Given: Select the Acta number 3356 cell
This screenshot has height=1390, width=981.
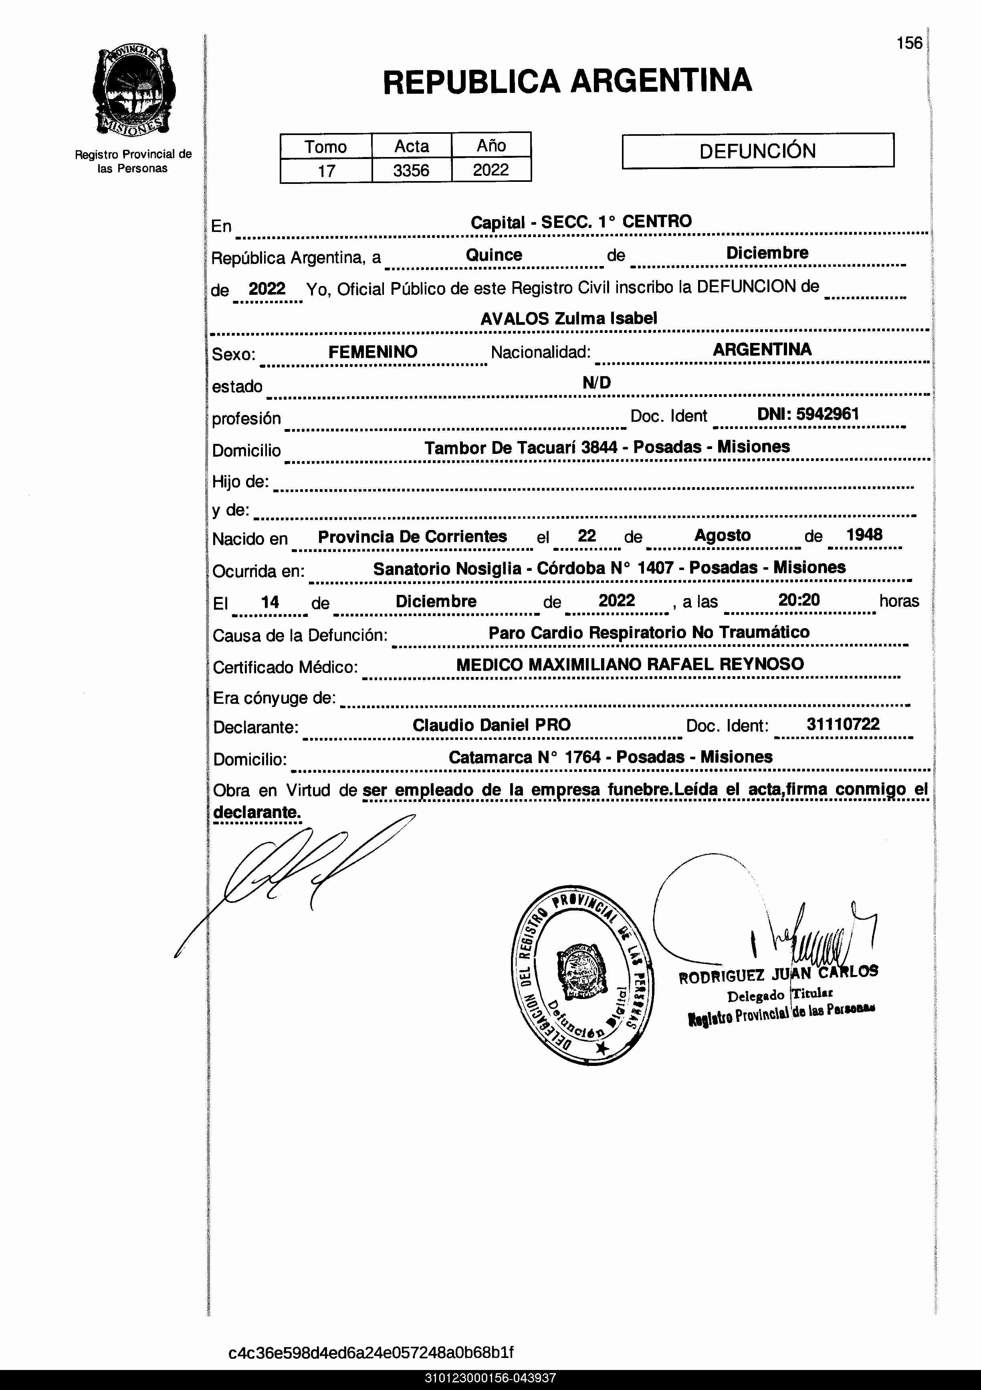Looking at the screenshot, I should [411, 170].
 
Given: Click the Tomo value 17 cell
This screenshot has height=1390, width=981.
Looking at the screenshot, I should [326, 171].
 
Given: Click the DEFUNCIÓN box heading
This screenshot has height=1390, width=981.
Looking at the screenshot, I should [757, 151].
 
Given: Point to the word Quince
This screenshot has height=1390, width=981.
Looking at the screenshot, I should [494, 255].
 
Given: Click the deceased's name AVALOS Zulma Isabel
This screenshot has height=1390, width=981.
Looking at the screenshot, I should [569, 318].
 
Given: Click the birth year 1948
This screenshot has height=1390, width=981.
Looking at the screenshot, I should [864, 534].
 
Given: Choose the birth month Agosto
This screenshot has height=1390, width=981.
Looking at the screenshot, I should [723, 535].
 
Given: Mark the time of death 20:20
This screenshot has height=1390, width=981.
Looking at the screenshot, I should [799, 600].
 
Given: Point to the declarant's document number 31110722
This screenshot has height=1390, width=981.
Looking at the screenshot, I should [843, 724].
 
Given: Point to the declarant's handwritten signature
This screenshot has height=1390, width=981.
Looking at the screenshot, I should [291, 872].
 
